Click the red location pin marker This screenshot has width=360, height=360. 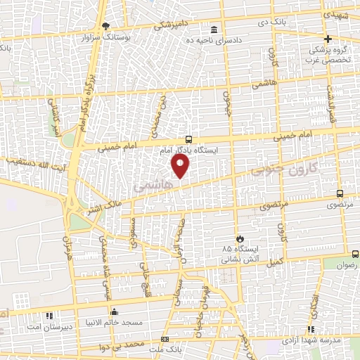(181, 166)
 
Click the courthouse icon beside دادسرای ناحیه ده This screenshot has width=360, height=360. (214, 30)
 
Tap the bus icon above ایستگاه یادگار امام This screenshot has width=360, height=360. (188, 139)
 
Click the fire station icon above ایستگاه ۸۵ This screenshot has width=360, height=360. (240, 238)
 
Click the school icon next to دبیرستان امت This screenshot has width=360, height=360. (49, 316)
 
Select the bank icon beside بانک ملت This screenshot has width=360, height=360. (165, 339)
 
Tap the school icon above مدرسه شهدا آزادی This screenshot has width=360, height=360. (311, 329)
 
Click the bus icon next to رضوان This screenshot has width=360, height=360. (354, 254)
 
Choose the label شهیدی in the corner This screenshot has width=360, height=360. (337, 13)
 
